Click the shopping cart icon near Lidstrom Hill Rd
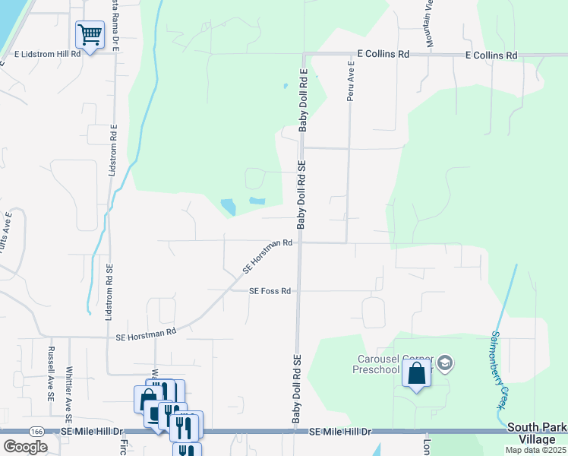[90, 34]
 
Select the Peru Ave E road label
[351, 85]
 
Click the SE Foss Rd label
[270, 291]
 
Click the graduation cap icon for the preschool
[446, 364]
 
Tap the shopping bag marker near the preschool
[416, 373]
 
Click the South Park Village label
[536, 433]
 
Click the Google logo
[25, 446]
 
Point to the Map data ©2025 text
[535, 450]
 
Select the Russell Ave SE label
[51, 374]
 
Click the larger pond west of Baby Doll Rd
[227, 207]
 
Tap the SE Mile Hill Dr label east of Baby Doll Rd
[340, 432]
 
